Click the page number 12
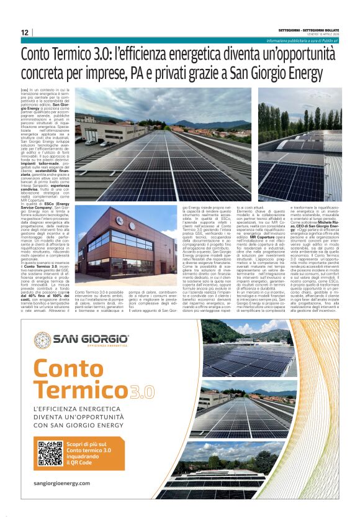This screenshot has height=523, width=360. coord(24,32)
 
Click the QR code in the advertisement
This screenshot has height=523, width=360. coord(50,453)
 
